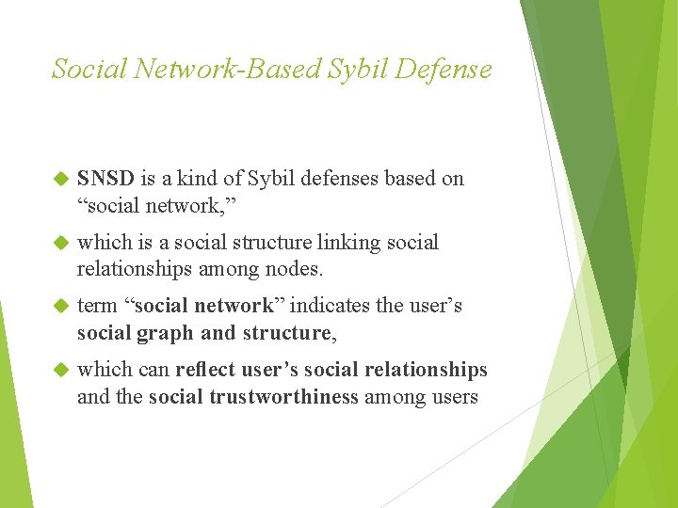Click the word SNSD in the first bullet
tap(106, 179)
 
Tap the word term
tap(97, 307)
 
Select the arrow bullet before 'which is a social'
tap(61, 243)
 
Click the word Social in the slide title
tap(88, 70)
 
